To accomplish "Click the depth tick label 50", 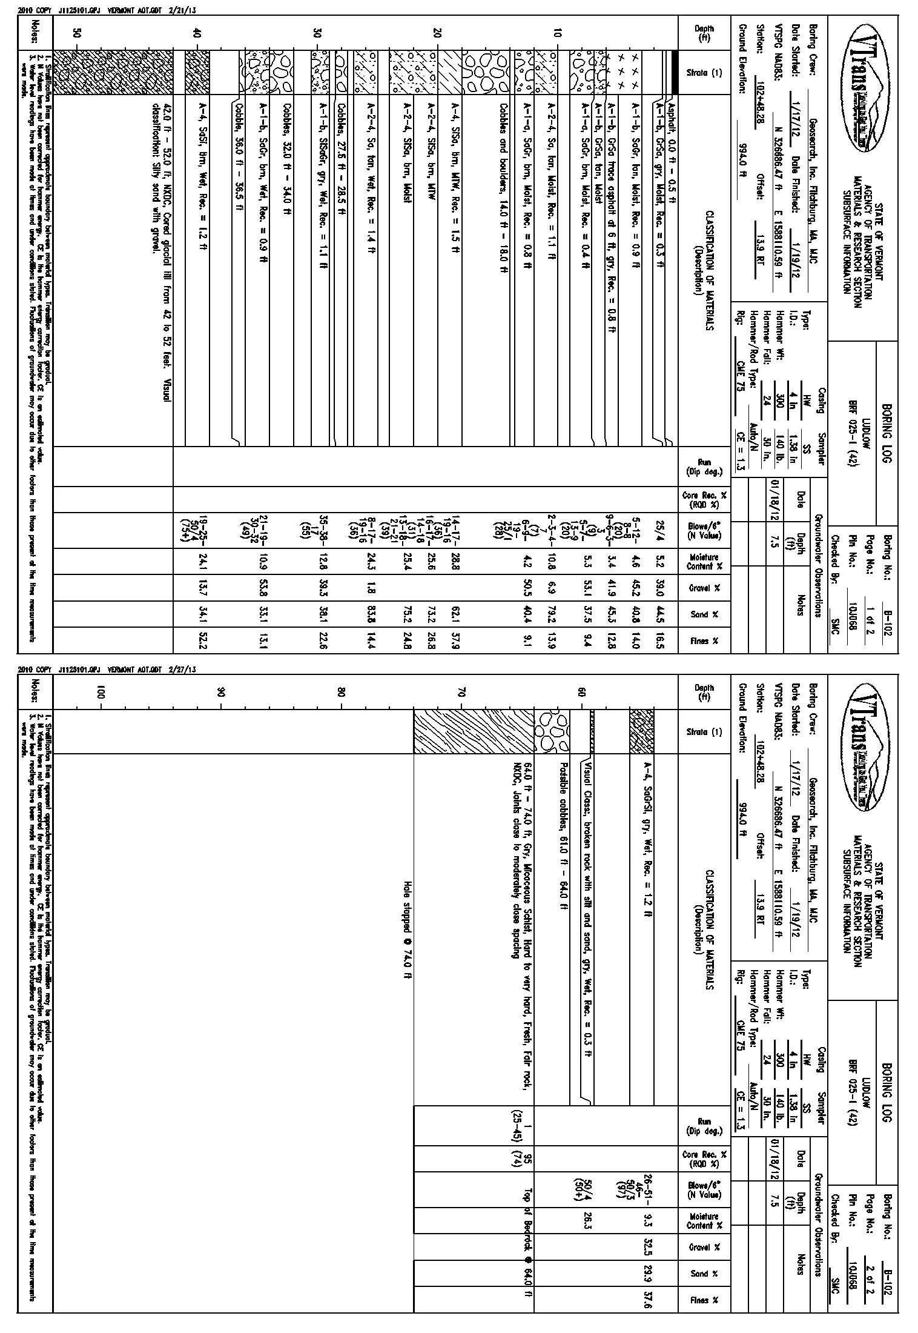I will click(76, 35).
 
